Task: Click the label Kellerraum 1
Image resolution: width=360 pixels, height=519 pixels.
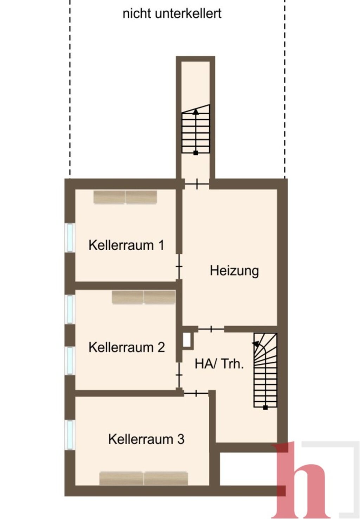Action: click(126, 245)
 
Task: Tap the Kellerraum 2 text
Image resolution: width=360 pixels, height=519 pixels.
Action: click(127, 347)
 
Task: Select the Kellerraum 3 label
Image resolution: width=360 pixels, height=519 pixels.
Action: click(146, 439)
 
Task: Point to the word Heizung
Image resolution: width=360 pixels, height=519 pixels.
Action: click(234, 271)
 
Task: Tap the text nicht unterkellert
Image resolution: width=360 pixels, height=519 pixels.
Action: click(172, 14)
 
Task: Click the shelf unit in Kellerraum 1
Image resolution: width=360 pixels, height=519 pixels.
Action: click(125, 197)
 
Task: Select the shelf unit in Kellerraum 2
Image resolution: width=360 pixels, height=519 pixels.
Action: click(143, 297)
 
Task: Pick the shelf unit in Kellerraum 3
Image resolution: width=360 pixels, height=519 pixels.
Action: click(143, 479)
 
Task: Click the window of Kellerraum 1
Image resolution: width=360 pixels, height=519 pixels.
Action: click(70, 238)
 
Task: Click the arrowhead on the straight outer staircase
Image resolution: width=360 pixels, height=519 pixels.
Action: click(196, 112)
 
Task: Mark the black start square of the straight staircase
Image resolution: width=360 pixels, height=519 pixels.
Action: click(195, 153)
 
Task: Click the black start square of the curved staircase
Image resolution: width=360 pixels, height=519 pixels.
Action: click(265, 407)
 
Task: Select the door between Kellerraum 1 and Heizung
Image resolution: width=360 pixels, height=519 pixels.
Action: click(179, 266)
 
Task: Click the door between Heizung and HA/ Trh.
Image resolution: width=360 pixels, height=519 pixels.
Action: click(211, 329)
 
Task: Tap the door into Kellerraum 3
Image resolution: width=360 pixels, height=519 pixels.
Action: click(196, 393)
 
